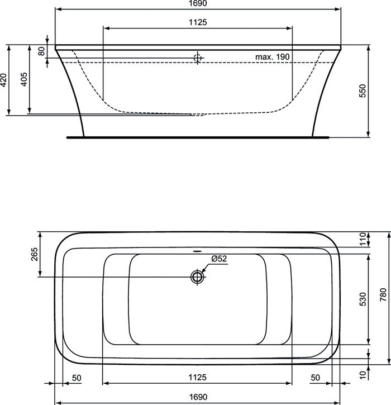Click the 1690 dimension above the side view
198,3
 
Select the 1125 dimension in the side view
198,22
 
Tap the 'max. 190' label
272,56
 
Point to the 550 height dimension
363,90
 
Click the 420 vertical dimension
3,80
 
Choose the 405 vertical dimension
24,79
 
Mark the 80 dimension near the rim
41,51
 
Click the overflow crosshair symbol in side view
198,58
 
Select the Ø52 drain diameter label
219,259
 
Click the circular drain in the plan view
197,277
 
